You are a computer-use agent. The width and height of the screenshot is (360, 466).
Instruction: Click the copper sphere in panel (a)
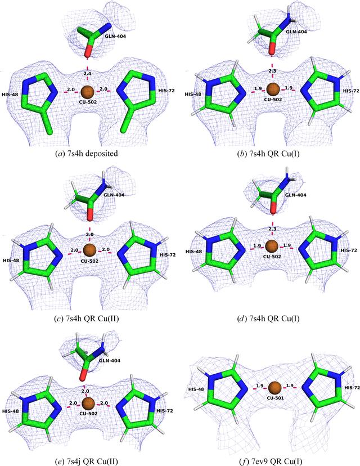(87, 92)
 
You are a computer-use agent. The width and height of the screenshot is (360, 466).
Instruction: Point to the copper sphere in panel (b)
(273, 89)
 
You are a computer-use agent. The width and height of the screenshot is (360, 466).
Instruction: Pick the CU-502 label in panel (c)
(89, 261)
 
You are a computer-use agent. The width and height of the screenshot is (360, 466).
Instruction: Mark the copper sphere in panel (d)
(272, 247)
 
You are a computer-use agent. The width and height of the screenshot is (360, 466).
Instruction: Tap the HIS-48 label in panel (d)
(193, 252)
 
